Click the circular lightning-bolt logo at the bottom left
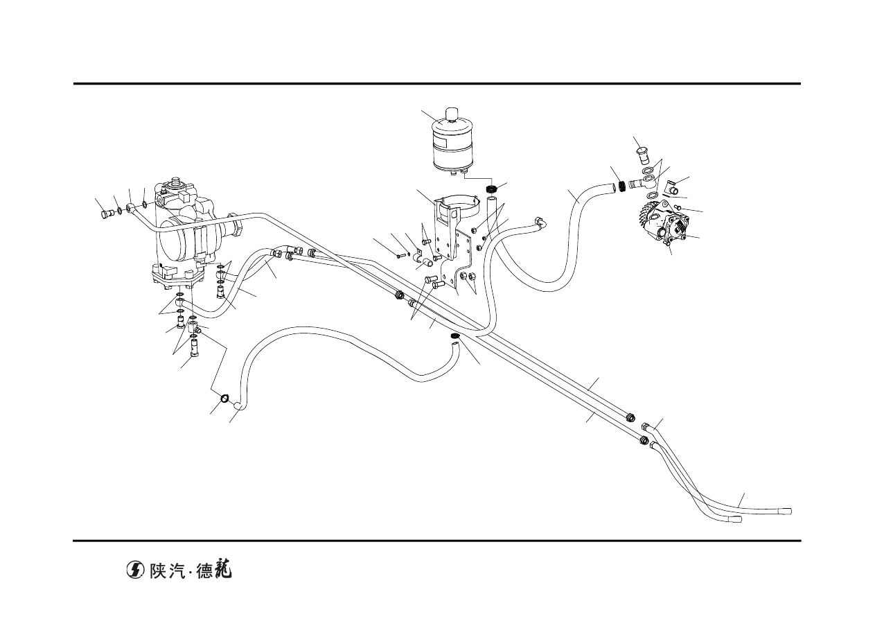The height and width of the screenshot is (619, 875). [x=135, y=570]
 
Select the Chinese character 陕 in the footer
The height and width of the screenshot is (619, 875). [x=159, y=570]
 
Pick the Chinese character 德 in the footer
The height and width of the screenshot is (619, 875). [x=205, y=570]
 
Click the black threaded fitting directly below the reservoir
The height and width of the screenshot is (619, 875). [x=491, y=189]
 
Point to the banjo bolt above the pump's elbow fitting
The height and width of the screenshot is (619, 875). [x=643, y=155]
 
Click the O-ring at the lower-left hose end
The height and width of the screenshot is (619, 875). [x=225, y=398]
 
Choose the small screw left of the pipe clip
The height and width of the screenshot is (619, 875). [x=400, y=256]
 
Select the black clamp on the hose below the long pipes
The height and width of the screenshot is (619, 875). [x=454, y=336]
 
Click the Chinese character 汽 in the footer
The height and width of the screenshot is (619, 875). [x=179, y=570]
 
